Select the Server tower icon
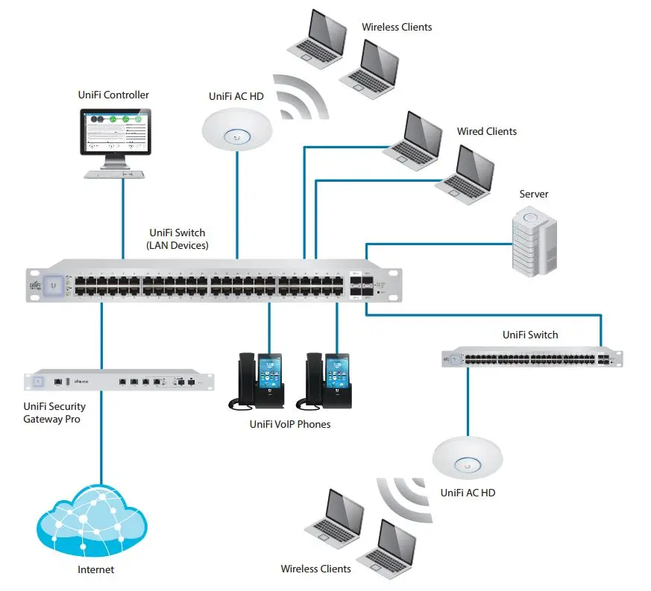coord(534,241)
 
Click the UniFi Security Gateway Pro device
coord(119,381)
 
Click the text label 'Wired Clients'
coord(486,132)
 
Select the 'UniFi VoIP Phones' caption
coord(289,424)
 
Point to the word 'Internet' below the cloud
coord(96,570)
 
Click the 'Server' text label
coord(534,195)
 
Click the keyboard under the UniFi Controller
coord(113,174)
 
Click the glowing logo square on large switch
coord(53,284)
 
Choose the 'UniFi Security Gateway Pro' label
coord(55,413)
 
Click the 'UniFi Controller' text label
coord(113,95)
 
